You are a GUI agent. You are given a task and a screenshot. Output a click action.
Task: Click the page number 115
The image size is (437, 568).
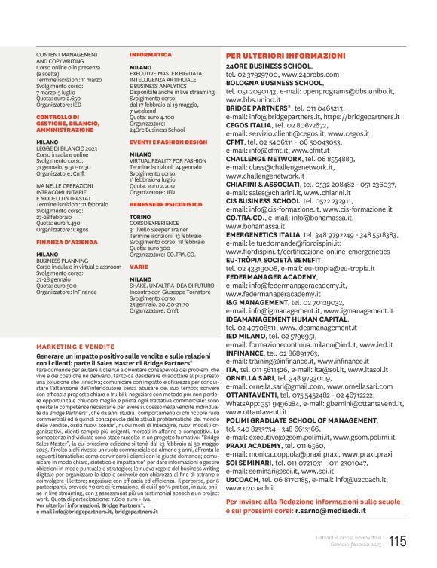(399, 541)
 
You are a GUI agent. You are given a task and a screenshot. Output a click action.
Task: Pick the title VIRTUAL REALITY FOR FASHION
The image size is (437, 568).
(167, 160)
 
